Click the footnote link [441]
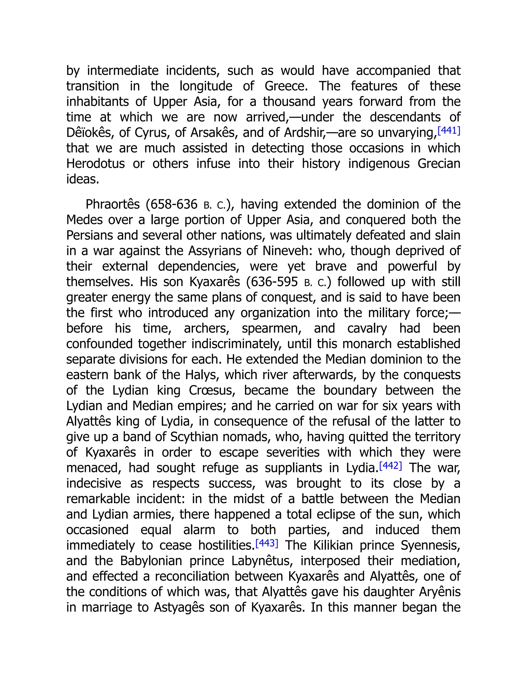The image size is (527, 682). point(449,130)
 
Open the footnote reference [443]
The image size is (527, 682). point(267,543)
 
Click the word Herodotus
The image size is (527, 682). point(95,164)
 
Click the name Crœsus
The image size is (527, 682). point(211,390)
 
